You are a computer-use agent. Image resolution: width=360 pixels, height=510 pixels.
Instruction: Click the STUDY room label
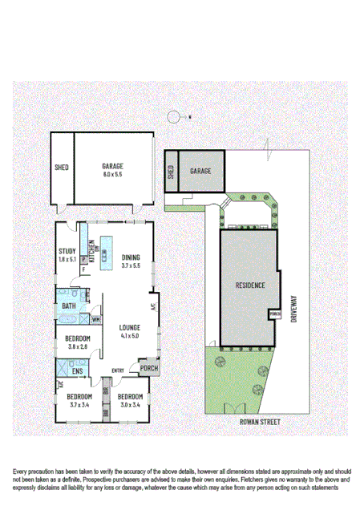[x=67, y=252]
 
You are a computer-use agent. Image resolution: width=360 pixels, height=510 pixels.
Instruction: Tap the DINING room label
[x=131, y=257]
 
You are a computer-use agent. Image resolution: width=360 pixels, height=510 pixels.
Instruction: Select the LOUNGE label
[x=130, y=327]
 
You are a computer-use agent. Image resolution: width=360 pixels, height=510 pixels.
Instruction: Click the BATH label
[x=69, y=306]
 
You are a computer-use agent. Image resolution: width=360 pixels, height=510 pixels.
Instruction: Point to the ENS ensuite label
[x=78, y=371]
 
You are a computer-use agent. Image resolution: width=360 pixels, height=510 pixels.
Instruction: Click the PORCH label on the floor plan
[x=149, y=368]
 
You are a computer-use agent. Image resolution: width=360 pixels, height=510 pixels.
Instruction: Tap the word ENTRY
[x=118, y=370]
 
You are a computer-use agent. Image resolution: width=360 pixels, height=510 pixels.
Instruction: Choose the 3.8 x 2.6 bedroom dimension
[x=79, y=346]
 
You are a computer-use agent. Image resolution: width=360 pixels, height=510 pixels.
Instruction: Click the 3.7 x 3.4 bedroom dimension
[x=79, y=404]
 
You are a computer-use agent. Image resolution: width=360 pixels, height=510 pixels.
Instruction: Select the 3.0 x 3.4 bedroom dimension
[x=129, y=404]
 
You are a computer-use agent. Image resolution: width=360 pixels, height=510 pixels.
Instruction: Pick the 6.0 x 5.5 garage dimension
[x=113, y=174]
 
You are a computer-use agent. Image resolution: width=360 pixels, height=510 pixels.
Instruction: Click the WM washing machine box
[x=95, y=320]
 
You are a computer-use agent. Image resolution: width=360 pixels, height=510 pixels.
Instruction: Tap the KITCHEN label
[x=91, y=254]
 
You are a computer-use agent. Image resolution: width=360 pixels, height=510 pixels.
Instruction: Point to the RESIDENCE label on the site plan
[x=250, y=285]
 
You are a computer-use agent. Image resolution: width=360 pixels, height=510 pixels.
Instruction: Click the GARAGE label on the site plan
[x=200, y=172]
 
